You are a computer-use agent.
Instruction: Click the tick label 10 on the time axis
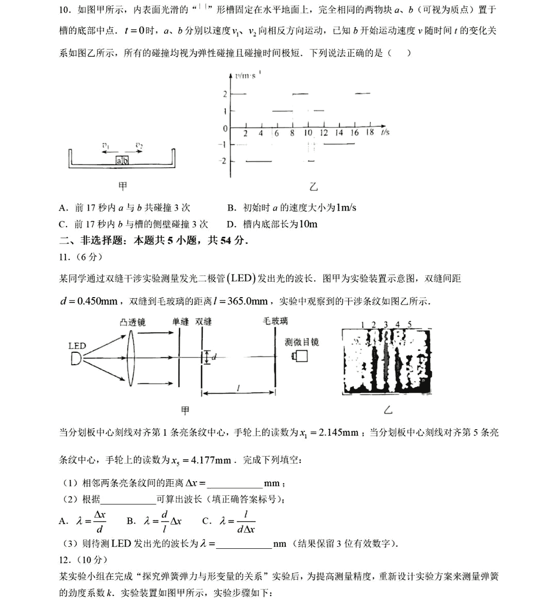click(x=308, y=133)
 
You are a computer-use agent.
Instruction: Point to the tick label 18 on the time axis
click(x=370, y=132)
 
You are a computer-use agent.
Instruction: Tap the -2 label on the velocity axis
click(x=223, y=161)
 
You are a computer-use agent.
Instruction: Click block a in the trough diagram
click(x=119, y=161)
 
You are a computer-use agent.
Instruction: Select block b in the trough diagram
click(x=125, y=161)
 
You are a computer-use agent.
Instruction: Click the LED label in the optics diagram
click(x=77, y=346)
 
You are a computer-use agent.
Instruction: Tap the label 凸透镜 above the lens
click(x=133, y=322)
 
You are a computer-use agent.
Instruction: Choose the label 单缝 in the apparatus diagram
click(x=181, y=321)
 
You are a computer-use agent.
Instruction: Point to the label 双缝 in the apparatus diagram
click(x=203, y=321)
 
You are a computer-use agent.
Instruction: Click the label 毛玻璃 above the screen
click(x=275, y=321)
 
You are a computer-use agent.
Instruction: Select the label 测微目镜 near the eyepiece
click(x=302, y=341)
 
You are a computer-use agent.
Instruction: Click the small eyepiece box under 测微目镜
click(x=300, y=356)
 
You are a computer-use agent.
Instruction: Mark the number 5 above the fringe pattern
click(x=409, y=324)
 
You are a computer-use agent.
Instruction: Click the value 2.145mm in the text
click(x=338, y=432)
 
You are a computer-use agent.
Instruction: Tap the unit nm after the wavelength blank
click(x=280, y=544)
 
